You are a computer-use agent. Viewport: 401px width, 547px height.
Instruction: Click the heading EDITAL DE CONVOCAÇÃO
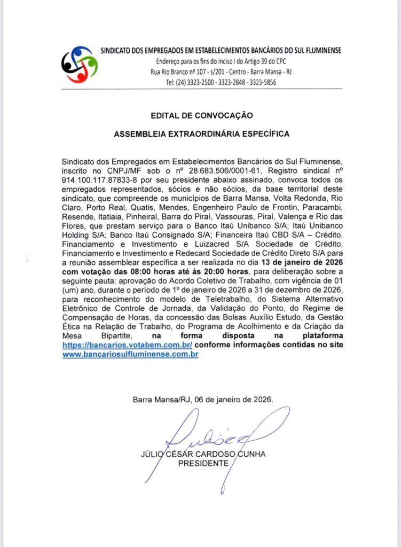[x=201, y=115]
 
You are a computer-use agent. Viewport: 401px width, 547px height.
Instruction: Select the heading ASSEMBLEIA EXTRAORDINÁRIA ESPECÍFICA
[x=201, y=134]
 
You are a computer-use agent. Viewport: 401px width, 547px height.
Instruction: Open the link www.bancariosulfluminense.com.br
[x=130, y=354]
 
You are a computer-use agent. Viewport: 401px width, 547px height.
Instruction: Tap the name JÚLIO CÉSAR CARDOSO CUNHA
[x=202, y=455]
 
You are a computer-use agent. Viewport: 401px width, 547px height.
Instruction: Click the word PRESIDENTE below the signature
[x=202, y=463]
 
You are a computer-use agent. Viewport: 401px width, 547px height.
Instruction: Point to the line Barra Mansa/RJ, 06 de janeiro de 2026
[x=202, y=400]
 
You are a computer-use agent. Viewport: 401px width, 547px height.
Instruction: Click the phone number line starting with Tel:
[x=221, y=82]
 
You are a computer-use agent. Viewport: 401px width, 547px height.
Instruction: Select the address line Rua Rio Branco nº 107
[x=221, y=72]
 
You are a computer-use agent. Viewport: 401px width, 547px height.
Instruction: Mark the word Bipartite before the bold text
[x=103, y=336]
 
